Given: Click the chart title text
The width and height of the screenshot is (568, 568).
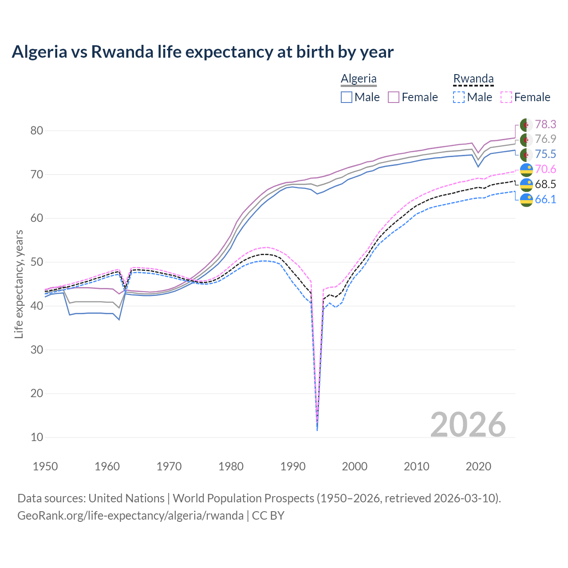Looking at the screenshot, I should [202, 52].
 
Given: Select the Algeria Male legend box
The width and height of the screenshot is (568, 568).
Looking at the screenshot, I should [347, 97].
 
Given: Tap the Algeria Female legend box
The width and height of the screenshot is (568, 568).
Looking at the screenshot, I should [394, 97].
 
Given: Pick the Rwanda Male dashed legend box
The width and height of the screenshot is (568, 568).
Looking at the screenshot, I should [459, 97].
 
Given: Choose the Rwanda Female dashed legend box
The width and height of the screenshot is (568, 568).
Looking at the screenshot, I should [506, 97].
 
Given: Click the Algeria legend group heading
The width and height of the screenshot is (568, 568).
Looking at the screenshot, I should [359, 79].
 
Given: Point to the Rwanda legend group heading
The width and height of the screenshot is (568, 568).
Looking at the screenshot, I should [473, 79].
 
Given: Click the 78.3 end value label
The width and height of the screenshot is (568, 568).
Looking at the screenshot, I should [545, 124].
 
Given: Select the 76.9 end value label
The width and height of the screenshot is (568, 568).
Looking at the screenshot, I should [545, 139].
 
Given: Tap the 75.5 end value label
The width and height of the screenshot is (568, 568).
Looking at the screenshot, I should [545, 154].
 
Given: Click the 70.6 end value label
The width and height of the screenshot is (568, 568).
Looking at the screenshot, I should [545, 169].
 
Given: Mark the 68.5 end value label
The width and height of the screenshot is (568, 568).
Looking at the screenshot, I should [545, 184].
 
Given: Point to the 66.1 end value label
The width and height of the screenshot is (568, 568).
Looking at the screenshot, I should [545, 199].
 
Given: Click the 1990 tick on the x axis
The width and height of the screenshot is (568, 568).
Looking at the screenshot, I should [293, 466].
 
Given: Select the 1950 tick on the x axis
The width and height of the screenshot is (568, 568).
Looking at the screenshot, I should [46, 466].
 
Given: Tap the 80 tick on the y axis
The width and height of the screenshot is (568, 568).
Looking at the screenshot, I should [37, 130].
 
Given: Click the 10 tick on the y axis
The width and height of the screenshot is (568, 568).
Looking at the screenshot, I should [37, 437].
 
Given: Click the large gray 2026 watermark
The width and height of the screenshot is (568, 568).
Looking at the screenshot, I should [468, 425].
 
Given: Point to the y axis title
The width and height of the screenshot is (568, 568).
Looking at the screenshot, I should [19, 284].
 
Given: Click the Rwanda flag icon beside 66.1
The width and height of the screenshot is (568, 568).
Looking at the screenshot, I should [526, 200].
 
